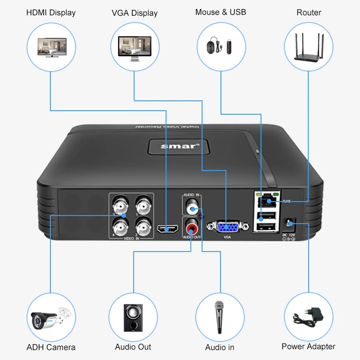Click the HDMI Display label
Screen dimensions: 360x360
(51, 13)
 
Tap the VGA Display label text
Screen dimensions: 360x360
(135, 13)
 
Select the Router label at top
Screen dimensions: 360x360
(308, 13)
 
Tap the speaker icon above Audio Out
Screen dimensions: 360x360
(134, 317)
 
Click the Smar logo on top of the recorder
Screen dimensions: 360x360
(175, 146)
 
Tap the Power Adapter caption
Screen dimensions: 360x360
(308, 346)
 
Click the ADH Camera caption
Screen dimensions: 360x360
(51, 347)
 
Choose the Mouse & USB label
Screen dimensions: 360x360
(220, 12)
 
